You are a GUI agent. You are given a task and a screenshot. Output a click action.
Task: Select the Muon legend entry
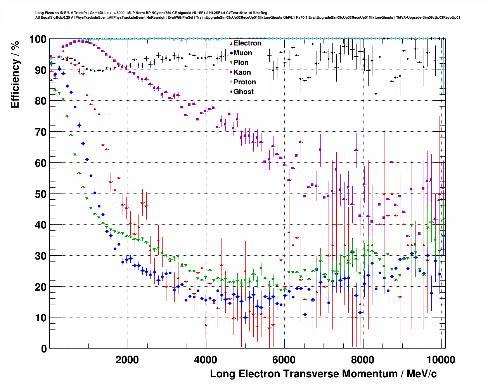[x=242, y=53]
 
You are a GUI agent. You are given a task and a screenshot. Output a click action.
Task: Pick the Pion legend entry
[x=241, y=63]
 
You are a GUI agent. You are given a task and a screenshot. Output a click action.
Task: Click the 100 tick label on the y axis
[x=38, y=40]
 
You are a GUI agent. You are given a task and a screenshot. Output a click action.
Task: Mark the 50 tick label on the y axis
[x=41, y=194]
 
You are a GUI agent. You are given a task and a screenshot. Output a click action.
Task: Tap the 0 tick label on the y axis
[x=44, y=349]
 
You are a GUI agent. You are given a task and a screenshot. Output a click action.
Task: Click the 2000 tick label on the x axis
[x=127, y=360]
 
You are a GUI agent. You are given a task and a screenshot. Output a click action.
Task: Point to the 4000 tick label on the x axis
[x=206, y=360]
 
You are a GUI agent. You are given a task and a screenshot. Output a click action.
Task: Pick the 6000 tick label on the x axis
[x=284, y=360]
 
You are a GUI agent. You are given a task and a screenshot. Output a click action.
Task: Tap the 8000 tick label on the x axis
[x=362, y=360]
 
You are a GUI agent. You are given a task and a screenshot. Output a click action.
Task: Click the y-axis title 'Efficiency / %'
[x=15, y=74]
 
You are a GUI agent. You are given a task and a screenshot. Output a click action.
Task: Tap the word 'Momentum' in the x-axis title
[x=370, y=374]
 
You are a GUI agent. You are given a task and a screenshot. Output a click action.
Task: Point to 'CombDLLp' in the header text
[x=99, y=13]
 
